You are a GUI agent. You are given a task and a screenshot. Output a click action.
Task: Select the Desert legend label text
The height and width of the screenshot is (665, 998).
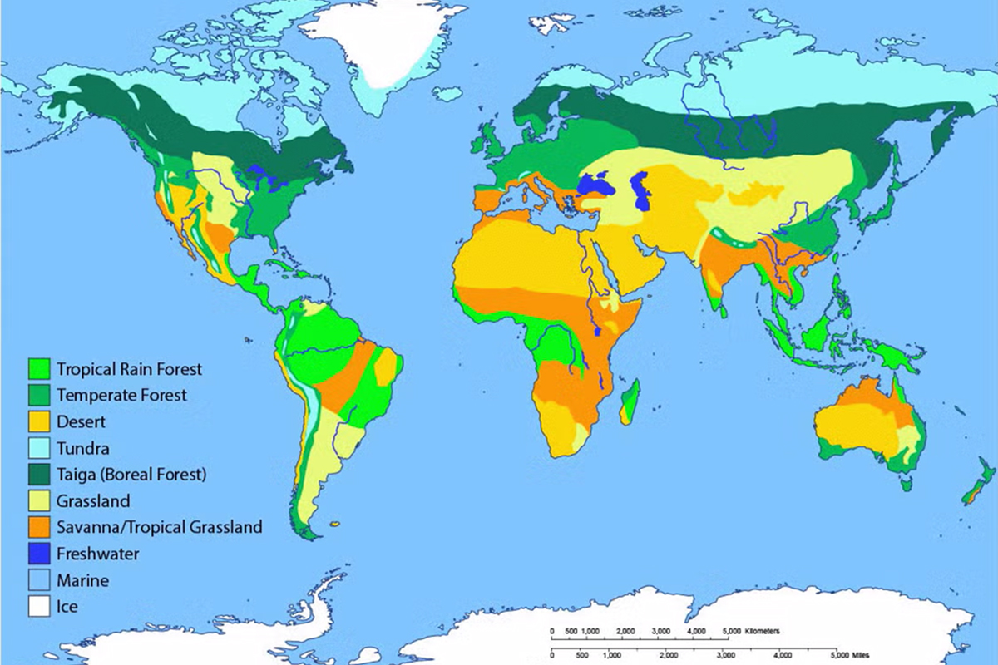[82, 421]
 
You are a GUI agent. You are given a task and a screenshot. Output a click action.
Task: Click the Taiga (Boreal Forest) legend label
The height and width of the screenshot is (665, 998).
[131, 474]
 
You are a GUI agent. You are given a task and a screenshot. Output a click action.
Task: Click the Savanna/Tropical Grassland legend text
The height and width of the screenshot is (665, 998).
[159, 527]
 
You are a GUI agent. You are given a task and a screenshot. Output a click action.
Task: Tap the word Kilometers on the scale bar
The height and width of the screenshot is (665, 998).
[762, 631]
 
